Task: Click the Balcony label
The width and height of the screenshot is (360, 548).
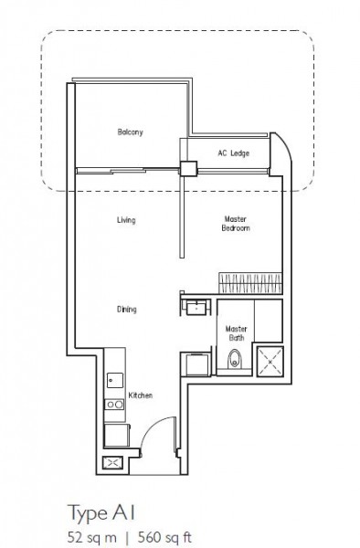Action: [x=130, y=132]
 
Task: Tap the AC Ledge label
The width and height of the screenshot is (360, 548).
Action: [x=234, y=153]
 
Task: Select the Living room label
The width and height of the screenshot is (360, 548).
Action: [x=126, y=220]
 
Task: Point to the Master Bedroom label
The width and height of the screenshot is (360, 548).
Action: [x=236, y=224]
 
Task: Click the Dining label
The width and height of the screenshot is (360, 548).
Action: [x=126, y=310]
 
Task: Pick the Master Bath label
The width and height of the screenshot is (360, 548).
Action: [x=237, y=333]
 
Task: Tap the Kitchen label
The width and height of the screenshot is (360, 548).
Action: [x=141, y=395]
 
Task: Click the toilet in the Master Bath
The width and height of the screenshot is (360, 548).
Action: [x=234, y=359]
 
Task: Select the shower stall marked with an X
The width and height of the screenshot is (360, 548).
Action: [x=270, y=362]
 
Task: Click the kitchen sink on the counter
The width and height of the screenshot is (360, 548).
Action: [x=115, y=380]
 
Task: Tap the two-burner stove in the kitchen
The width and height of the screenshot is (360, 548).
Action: [x=114, y=405]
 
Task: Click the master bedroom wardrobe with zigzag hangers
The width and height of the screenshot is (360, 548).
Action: [x=250, y=283]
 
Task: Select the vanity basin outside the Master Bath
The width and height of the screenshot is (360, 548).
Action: [x=196, y=308]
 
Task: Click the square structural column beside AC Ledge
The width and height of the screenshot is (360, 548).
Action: [x=189, y=168]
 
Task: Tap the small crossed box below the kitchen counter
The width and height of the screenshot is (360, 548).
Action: [x=112, y=463]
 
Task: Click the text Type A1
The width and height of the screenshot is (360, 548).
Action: [x=101, y=513]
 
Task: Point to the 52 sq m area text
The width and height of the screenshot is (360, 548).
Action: [x=92, y=537]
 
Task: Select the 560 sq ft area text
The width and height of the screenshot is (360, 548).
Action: [x=165, y=537]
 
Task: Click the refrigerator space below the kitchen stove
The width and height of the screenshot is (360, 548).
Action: [x=117, y=436]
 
